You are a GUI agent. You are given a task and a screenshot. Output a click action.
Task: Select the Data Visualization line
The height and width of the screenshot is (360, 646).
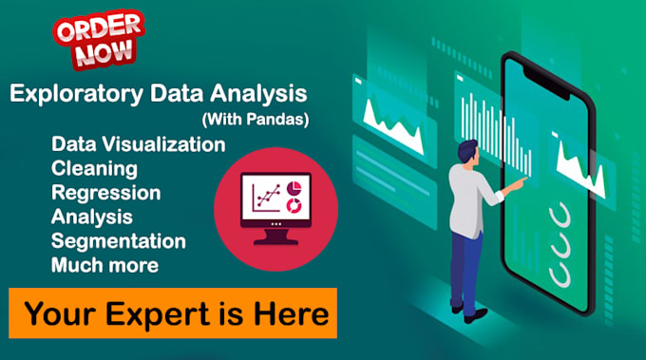pos(139,144)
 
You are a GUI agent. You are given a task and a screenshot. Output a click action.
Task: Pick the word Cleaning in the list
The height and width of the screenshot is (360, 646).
pos(94,169)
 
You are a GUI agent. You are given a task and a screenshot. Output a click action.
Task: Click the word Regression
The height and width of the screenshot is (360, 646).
pos(105,193)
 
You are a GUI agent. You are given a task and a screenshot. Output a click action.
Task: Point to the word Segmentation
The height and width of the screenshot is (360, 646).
pos(119,241)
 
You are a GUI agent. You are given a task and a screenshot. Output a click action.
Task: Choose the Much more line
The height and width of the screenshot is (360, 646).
pos(105,265)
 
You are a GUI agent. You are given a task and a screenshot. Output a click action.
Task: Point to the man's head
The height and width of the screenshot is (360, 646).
pos(467,152)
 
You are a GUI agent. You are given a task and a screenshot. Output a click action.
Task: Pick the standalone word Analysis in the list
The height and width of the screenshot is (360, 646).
pos(92,217)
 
